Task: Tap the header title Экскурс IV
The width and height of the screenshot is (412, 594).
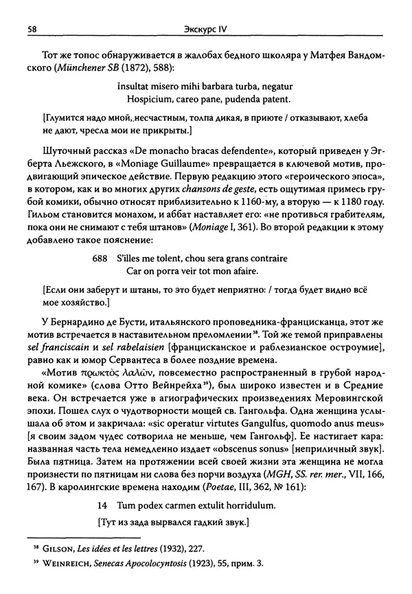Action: (x=205, y=30)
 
